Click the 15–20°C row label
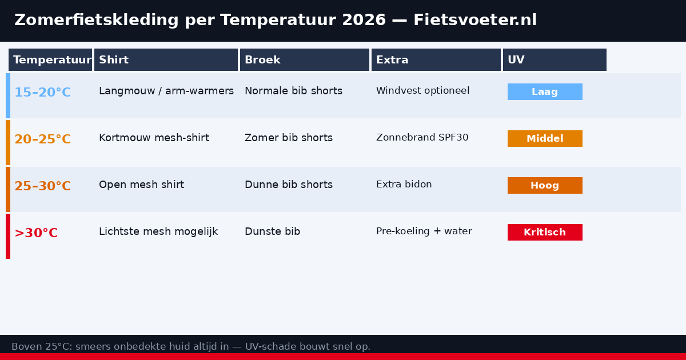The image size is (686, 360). (x=42, y=93)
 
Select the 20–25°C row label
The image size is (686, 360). (x=42, y=139)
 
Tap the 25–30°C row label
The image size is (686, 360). (x=42, y=186)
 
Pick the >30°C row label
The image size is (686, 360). (x=36, y=233)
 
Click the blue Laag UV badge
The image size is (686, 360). (x=545, y=92)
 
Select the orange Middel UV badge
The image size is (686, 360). (x=545, y=139)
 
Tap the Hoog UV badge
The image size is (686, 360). (x=545, y=186)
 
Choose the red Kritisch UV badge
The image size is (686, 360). (x=545, y=233)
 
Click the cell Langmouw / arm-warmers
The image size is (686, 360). (x=166, y=91)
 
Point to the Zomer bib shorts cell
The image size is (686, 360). (x=289, y=138)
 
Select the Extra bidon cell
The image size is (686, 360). (x=404, y=185)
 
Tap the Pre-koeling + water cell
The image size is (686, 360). (x=424, y=231)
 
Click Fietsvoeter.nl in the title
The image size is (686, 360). (x=475, y=21)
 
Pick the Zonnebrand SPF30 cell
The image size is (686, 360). (x=422, y=138)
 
